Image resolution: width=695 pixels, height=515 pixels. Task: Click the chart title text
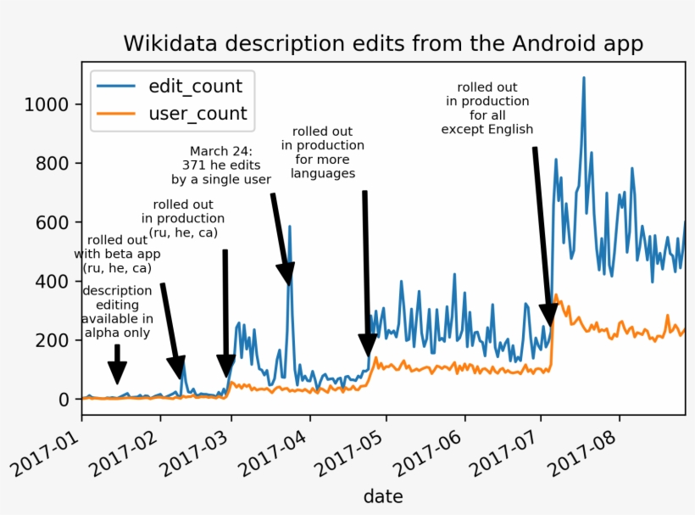pos(383,43)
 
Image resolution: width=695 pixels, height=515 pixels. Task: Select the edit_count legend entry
pos(195,86)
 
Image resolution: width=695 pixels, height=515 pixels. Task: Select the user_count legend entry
pos(197,113)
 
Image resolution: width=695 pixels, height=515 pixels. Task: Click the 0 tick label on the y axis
pos(65,399)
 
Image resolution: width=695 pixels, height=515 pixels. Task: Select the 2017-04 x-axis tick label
pos(282,451)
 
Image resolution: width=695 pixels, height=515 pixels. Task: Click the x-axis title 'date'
pos(383,495)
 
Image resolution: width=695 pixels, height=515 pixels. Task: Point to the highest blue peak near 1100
pos(583,78)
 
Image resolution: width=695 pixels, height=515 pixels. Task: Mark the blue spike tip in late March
pos(289,227)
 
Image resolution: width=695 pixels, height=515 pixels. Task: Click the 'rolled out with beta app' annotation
pos(117,253)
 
